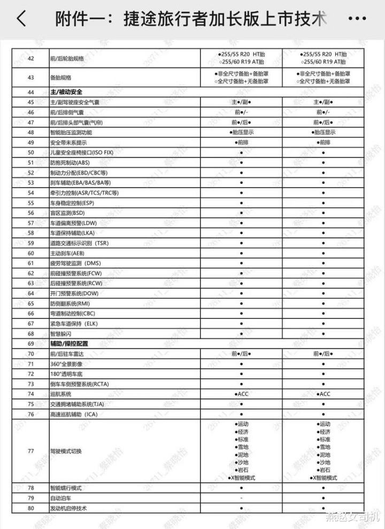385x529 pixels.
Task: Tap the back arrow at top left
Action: pyautogui.click(x=21, y=19)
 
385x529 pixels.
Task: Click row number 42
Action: pyautogui.click(x=30, y=58)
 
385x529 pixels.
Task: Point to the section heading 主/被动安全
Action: pyautogui.click(x=66, y=92)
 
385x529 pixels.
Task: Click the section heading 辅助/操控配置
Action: pyautogui.click(x=68, y=344)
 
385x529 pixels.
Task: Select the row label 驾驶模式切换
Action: pyautogui.click(x=66, y=452)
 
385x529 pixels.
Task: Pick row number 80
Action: pyautogui.click(x=30, y=508)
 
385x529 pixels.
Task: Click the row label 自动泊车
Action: pyautogui.click(x=60, y=498)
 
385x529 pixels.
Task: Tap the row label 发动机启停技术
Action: pyautogui.click(x=68, y=508)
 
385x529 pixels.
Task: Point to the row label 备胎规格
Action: pyautogui.click(x=60, y=78)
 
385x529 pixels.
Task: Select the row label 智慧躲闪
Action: pyautogui.click(x=60, y=334)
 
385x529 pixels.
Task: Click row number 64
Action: pyautogui.click(x=30, y=293)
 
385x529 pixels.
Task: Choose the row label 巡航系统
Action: pyautogui.click(x=60, y=394)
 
